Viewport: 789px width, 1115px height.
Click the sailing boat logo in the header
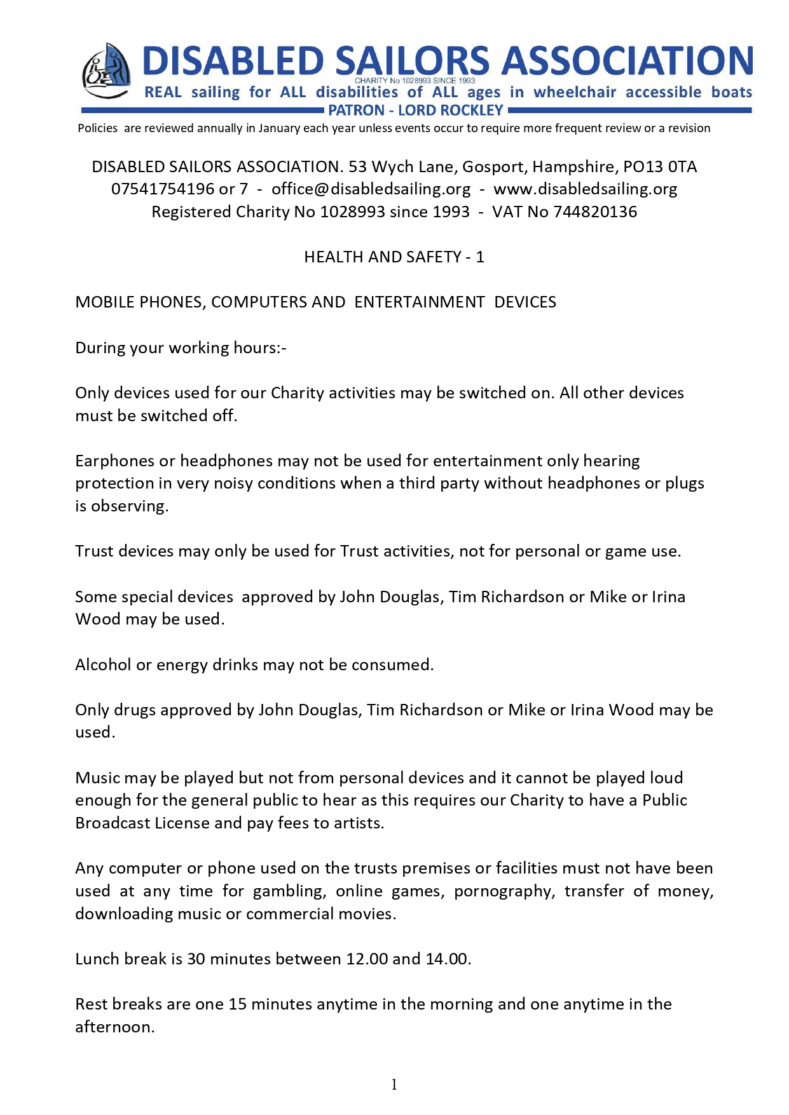coord(106,71)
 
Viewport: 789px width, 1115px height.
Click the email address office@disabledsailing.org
coord(371,189)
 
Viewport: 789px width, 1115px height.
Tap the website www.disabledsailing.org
coord(585,189)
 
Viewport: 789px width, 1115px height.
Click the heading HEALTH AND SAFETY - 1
coord(394,257)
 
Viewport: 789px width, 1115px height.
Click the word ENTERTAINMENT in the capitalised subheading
coord(420,302)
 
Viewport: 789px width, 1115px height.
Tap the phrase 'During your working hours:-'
coord(181,348)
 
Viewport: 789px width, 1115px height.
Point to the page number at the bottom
coord(394,1085)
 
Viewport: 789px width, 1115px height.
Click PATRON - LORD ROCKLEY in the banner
coord(416,111)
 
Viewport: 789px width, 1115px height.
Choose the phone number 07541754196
coord(163,189)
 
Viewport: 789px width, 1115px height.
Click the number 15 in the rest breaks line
coord(237,1004)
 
